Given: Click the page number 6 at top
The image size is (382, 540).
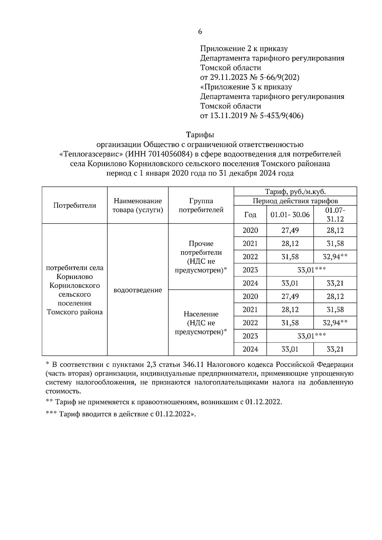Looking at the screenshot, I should (x=200, y=31).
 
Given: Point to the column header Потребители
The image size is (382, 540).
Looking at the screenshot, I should (x=74, y=205).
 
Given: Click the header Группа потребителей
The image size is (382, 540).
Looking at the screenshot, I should (x=201, y=205).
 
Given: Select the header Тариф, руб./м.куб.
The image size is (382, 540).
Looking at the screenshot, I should (x=295, y=191).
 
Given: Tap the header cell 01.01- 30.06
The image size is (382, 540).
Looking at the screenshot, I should (x=290, y=215).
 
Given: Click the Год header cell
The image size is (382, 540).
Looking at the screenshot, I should (x=250, y=215).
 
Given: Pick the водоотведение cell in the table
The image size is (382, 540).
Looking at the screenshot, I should (x=138, y=290).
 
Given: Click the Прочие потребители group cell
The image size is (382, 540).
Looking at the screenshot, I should (x=201, y=257).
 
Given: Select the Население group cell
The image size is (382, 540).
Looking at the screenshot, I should (x=201, y=323).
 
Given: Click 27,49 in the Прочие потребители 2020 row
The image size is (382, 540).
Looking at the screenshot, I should (x=290, y=230).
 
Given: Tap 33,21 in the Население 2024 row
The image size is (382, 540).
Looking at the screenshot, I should (x=335, y=349).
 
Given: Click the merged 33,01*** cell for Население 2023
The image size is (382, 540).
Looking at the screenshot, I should (x=311, y=336).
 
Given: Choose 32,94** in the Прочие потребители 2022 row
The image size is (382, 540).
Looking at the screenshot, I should (x=335, y=257).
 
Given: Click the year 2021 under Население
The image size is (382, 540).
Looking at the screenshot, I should (x=250, y=309).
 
